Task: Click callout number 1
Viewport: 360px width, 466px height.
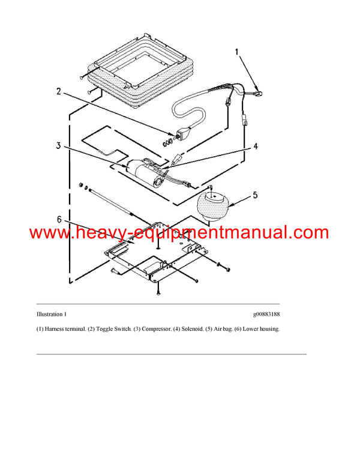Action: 237,53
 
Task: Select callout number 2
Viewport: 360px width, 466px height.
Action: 59,91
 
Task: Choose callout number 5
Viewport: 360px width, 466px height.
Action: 254,195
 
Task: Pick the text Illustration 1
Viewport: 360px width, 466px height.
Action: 52,314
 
